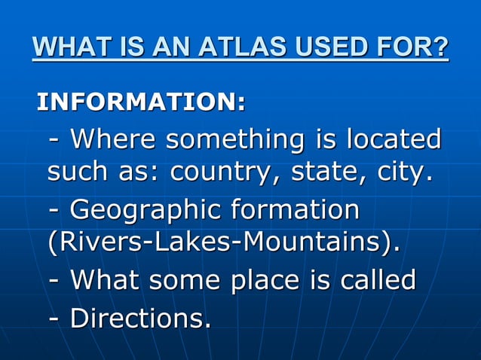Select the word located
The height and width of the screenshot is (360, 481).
tap(394, 139)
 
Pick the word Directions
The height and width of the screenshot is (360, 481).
tap(140, 317)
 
